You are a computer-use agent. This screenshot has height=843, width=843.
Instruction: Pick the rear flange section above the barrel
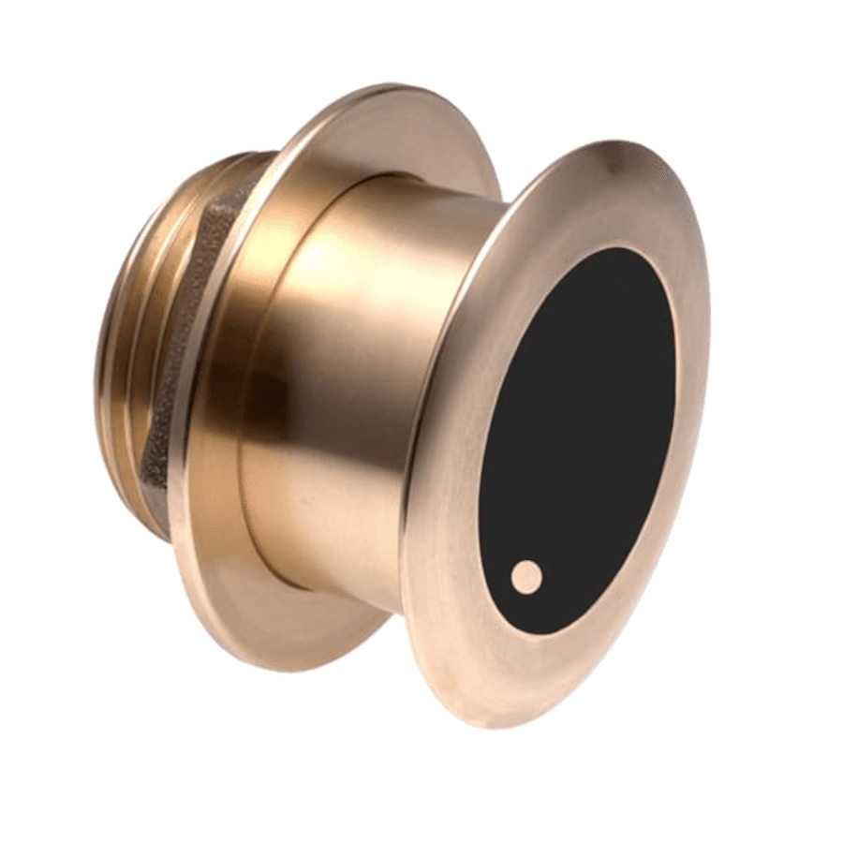[375, 122]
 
